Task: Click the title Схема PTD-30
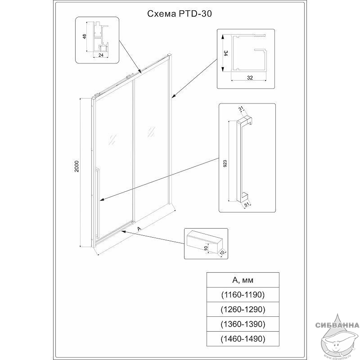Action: click(x=180, y=14)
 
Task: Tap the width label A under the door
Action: click(x=139, y=229)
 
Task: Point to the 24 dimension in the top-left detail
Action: click(x=101, y=55)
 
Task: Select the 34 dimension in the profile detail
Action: click(x=226, y=53)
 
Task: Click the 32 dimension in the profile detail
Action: click(x=250, y=78)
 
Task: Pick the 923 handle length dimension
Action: click(x=225, y=164)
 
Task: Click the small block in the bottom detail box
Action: click(x=205, y=239)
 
